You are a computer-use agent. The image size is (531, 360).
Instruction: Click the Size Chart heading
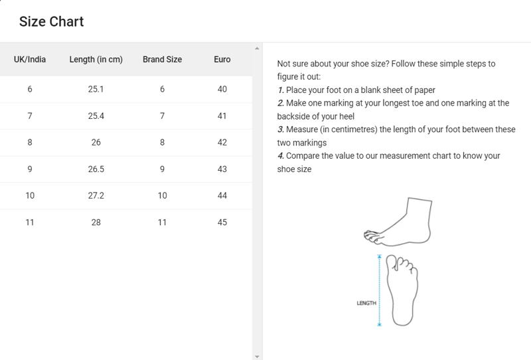(x=52, y=22)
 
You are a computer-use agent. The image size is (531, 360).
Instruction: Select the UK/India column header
(x=30, y=59)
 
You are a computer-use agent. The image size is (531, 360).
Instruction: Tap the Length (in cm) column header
(x=96, y=60)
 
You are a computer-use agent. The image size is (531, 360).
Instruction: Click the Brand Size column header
(x=162, y=59)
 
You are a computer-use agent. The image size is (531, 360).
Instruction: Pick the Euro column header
(x=222, y=59)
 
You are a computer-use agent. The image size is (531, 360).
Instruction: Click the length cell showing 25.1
(x=96, y=89)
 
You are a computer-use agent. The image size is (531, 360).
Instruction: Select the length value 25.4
(x=96, y=116)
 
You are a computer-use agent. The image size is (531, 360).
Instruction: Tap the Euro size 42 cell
(x=222, y=142)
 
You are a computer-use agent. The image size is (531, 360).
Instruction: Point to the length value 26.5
(x=96, y=169)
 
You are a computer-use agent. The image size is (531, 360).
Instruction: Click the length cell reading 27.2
(x=96, y=195)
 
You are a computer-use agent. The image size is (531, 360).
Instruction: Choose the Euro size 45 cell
(x=222, y=223)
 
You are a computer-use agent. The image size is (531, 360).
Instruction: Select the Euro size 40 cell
(x=222, y=89)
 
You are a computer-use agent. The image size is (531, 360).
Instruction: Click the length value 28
(x=96, y=223)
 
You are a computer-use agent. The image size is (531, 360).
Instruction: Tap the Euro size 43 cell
(x=222, y=169)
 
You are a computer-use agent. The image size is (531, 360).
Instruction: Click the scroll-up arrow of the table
(x=257, y=48)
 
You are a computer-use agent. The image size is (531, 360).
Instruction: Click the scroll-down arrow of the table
(x=257, y=356)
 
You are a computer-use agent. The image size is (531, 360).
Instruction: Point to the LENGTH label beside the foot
(x=366, y=303)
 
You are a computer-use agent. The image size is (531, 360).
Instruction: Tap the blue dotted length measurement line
(x=380, y=290)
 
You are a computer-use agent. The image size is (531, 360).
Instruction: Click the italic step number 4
(x=280, y=156)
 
